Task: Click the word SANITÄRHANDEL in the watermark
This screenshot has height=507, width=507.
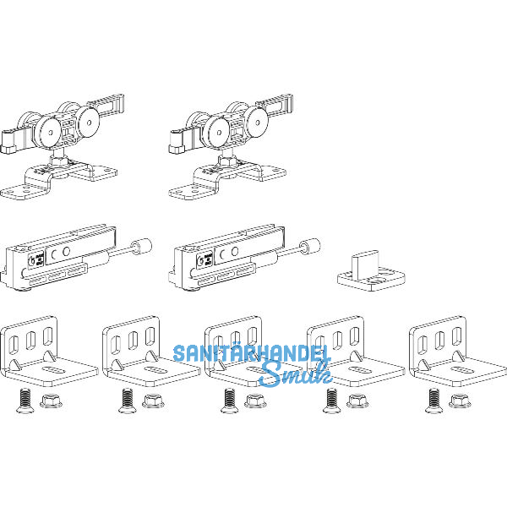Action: pyautogui.click(x=252, y=353)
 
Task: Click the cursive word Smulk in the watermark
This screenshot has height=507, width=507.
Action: pyautogui.click(x=296, y=373)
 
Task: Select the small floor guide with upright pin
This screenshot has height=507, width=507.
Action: pyautogui.click(x=371, y=271)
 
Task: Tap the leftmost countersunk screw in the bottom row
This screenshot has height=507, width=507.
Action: pyautogui.click(x=25, y=401)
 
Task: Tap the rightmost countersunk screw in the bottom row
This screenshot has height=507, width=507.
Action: pyautogui.click(x=433, y=401)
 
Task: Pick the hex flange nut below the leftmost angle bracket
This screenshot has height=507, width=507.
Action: pyautogui.click(x=51, y=401)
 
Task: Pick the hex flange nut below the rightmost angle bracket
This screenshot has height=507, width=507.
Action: pyautogui.click(x=460, y=401)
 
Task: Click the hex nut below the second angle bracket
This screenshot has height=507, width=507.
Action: pyautogui.click(x=153, y=401)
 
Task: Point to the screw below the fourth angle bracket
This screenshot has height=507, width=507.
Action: pyautogui.click(x=331, y=401)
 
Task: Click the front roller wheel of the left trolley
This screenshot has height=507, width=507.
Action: pyautogui.click(x=48, y=131)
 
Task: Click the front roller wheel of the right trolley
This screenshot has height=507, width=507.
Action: pyautogui.click(x=216, y=131)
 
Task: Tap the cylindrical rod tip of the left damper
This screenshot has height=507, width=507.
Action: pyautogui.click(x=141, y=247)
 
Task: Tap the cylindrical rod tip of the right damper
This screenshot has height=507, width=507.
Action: pyautogui.click(x=310, y=247)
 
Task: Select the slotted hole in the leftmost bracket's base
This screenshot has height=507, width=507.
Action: pyautogui.click(x=52, y=370)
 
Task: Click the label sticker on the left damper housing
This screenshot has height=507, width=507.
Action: pyautogui.click(x=35, y=259)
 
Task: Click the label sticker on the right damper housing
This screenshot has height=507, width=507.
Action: pyautogui.click(x=204, y=259)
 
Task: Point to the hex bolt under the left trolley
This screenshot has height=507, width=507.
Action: pyautogui.click(x=58, y=160)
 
